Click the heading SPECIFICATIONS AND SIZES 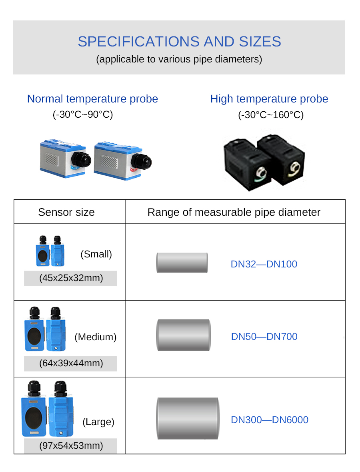click(179, 42)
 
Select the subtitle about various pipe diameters click(179, 59)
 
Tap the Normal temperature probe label click(93, 99)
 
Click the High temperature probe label click(269, 99)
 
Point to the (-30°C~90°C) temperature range click(83, 114)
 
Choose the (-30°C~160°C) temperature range click(271, 114)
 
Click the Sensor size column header click(66, 212)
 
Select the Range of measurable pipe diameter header click(234, 212)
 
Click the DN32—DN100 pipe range click(264, 264)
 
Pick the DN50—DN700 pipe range click(264, 337)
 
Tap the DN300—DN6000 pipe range click(270, 420)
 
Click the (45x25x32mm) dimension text click(71, 278)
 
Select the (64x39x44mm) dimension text click(71, 363)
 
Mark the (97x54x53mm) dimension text click(71, 446)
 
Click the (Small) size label click(96, 254)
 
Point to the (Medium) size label click(95, 337)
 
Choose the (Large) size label click(98, 422)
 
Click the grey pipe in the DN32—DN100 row click(182, 263)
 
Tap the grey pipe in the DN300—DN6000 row click(188, 418)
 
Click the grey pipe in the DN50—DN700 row click(184, 335)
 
